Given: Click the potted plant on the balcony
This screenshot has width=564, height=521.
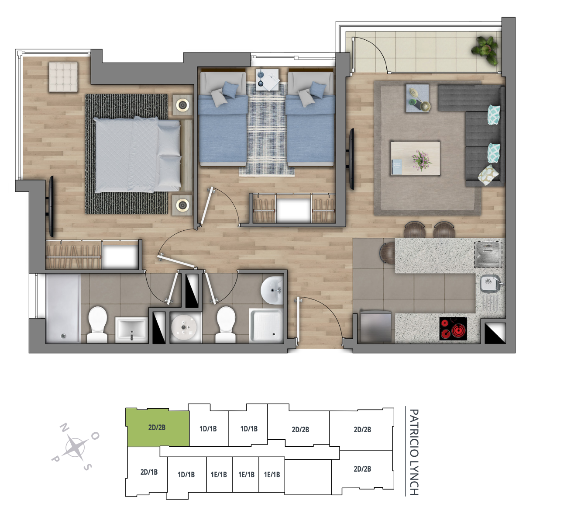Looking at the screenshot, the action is pyautogui.click(x=485, y=49).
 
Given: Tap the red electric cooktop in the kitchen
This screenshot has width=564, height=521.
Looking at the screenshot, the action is pyautogui.click(x=453, y=329).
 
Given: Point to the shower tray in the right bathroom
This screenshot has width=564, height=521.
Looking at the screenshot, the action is pyautogui.click(x=266, y=326).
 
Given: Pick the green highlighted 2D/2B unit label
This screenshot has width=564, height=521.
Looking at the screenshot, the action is pyautogui.click(x=157, y=427).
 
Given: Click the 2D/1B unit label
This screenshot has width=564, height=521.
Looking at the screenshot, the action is pyautogui.click(x=149, y=472).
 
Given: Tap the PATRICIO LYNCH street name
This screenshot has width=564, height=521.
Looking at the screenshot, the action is pyautogui.click(x=414, y=452).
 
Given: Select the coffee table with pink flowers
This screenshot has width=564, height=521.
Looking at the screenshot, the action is pyautogui.click(x=415, y=158).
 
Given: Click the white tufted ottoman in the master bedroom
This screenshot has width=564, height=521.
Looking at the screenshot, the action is pyautogui.click(x=63, y=77).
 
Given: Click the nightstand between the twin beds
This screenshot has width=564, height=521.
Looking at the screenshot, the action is pyautogui.click(x=267, y=80).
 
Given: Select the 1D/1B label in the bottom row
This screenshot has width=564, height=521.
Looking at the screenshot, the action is pyautogui.click(x=186, y=475).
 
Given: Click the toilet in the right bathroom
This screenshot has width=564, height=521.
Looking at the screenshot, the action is pyautogui.click(x=226, y=324).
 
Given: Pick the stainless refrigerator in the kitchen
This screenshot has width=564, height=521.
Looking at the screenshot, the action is pyautogui.click(x=375, y=326).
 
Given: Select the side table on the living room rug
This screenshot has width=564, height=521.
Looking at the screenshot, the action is pyautogui.click(x=417, y=98).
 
